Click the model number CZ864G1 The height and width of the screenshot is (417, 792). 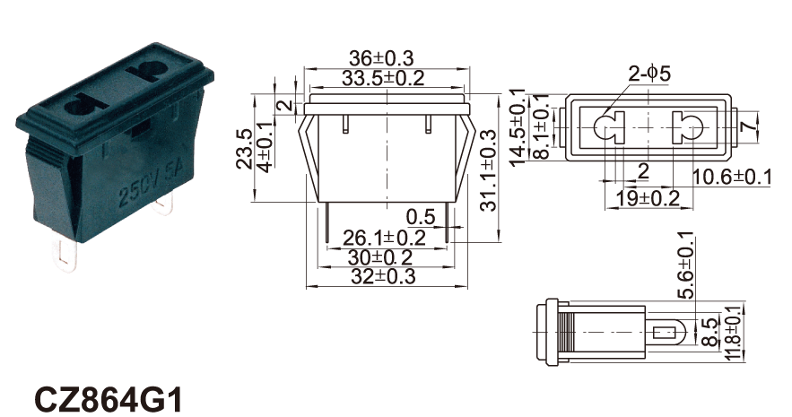[108, 400]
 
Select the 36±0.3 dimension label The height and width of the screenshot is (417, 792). [381, 58]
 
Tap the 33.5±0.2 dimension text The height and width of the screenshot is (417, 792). [383, 78]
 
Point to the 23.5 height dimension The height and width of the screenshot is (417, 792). [244, 149]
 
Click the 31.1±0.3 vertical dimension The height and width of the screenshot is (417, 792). [489, 170]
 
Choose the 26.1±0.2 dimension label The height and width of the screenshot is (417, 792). [385, 238]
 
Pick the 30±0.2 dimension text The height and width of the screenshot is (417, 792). [379, 257]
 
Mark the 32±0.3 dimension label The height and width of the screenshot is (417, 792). [382, 276]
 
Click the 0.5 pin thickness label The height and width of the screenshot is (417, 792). [421, 217]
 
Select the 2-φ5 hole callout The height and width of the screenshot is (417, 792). [649, 74]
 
